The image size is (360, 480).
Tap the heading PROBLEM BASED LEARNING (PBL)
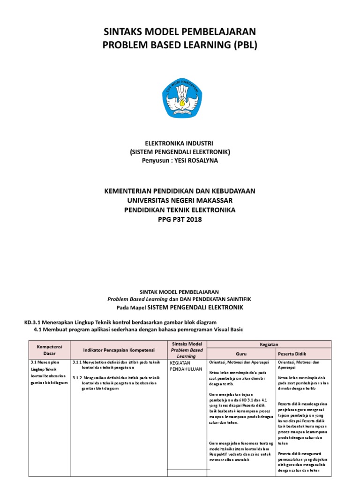[x=180, y=45]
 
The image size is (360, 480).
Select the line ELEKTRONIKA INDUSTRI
[x=180, y=142]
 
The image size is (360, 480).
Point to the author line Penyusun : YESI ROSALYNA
[x=180, y=160]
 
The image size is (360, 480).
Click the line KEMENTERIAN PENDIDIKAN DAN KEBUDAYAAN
[x=180, y=191]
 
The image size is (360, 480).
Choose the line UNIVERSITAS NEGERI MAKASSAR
[x=180, y=201]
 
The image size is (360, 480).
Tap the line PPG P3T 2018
[x=180, y=219]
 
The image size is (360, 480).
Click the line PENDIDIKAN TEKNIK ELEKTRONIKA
[x=180, y=210]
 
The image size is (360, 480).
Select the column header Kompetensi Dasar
[x=46, y=350]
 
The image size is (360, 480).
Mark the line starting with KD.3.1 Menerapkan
[x=120, y=322]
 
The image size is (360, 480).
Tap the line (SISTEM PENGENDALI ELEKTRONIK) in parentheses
[x=180, y=151]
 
